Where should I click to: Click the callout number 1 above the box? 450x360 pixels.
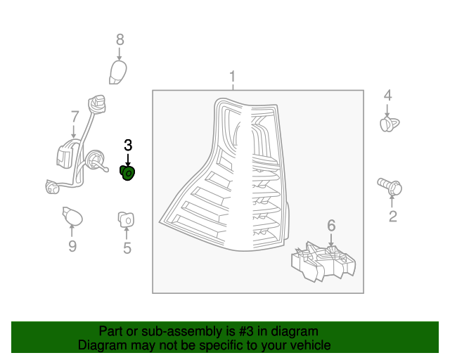(x=233, y=77)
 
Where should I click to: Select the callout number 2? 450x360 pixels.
(x=392, y=216)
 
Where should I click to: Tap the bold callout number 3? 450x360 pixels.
(x=128, y=146)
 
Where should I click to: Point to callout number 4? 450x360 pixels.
(x=387, y=96)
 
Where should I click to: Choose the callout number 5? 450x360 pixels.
(x=127, y=247)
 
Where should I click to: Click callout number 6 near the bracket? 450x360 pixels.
(x=331, y=225)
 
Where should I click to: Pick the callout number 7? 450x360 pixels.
(x=75, y=116)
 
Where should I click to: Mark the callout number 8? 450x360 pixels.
(x=120, y=39)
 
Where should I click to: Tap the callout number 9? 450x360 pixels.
(x=72, y=245)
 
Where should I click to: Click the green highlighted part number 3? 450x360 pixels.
(x=129, y=172)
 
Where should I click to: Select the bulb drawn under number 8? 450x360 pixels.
(x=120, y=71)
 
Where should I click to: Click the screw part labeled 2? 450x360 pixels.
(x=391, y=186)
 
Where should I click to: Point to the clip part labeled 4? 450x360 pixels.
(x=388, y=124)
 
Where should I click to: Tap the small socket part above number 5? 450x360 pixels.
(x=126, y=219)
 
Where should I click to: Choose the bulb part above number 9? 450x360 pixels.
(x=72, y=217)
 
